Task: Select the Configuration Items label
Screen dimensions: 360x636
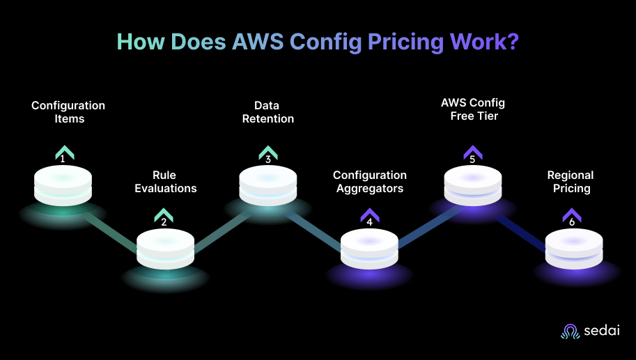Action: point(68,112)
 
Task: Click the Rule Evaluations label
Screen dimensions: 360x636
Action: point(165,182)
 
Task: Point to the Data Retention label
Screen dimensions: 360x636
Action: point(267,112)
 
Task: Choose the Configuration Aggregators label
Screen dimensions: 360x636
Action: point(369,182)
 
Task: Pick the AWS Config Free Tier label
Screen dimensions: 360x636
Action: point(472,109)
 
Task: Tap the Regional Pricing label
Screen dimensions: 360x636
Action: point(571,182)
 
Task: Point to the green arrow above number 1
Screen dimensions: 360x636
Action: point(64,152)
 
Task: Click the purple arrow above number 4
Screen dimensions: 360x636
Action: point(369,214)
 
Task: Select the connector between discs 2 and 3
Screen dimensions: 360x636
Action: point(217,230)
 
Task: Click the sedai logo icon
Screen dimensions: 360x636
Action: point(571,331)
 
